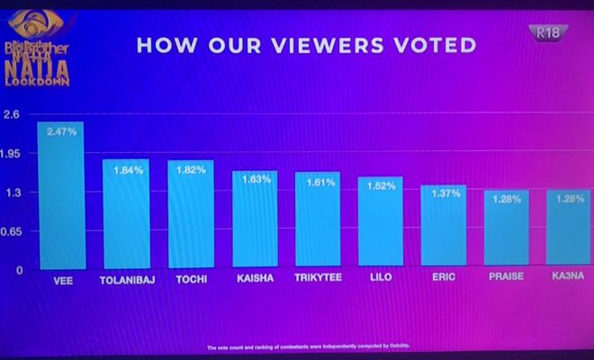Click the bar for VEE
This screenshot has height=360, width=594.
pyautogui.click(x=61, y=195)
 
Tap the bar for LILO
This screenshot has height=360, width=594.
pyautogui.click(x=381, y=223)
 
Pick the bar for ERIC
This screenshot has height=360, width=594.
pyautogui.click(x=444, y=227)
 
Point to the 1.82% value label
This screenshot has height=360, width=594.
pyautogui.click(x=191, y=169)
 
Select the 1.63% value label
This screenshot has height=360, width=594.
pyautogui.click(x=255, y=179)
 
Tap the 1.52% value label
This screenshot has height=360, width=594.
pyautogui.click(x=381, y=186)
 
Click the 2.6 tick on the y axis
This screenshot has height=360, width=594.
pyautogui.click(x=13, y=114)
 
